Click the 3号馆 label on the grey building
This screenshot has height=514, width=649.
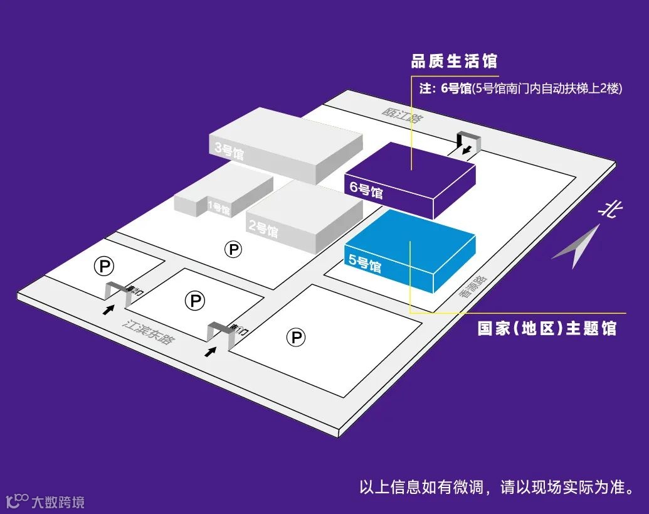[229, 151]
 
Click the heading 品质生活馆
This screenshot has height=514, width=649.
[454, 62]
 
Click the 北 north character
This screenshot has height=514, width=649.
[607, 210]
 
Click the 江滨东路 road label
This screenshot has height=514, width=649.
[149, 333]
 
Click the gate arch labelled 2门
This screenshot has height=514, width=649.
[119, 292]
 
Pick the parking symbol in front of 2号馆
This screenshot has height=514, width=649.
[233, 250]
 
